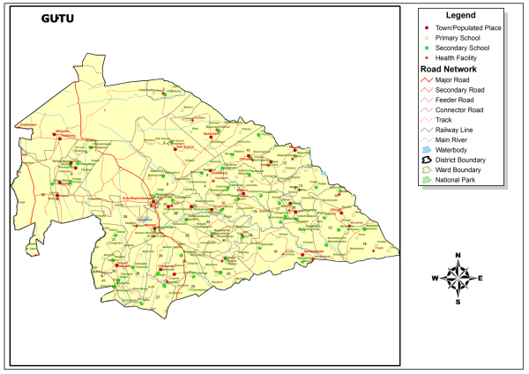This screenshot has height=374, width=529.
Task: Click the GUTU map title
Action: coord(58,19)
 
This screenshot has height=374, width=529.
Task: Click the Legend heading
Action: coord(460,15)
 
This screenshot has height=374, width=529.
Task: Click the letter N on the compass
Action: coord(458,256)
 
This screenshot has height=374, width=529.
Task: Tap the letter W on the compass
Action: coord(435,278)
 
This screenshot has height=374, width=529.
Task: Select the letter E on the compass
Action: coord(480,278)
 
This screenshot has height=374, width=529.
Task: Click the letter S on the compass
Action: coord(458,300)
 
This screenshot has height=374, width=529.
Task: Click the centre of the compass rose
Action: coord(458,278)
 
